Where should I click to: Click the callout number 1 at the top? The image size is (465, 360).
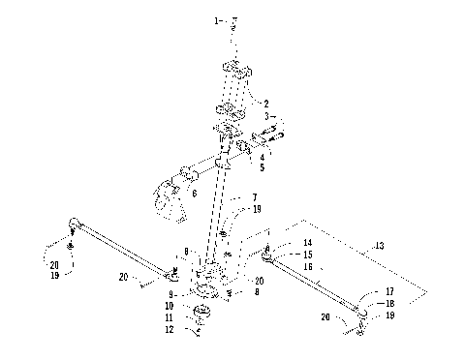click(216, 19)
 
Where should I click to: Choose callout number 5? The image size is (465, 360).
click(263, 155)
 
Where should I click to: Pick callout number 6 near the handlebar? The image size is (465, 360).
click(194, 194)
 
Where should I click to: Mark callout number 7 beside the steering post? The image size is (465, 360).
click(255, 196)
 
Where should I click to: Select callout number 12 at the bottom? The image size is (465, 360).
click(171, 330)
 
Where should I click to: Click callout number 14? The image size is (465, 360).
click(307, 243)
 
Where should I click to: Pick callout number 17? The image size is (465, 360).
click(389, 291)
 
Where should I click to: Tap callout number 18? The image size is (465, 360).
click(389, 303)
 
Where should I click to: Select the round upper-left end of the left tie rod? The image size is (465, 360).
click(74, 225)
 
